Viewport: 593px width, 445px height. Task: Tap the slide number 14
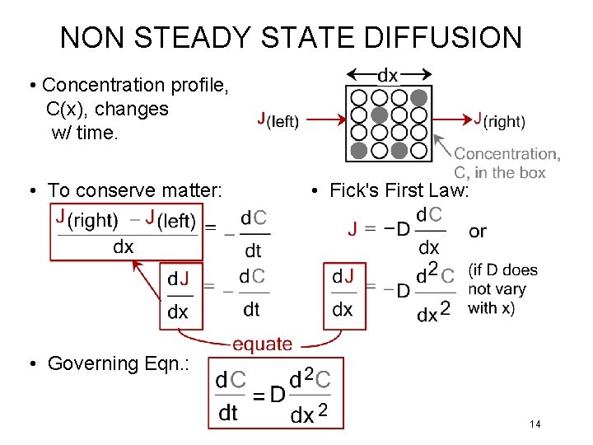535,424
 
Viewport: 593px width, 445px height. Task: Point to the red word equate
262,344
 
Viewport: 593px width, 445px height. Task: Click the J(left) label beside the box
278,120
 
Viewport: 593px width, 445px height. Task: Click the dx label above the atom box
387,76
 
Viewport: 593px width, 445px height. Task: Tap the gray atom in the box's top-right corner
419,96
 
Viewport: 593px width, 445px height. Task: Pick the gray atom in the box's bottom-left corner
359,151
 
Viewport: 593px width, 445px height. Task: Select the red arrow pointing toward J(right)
453,120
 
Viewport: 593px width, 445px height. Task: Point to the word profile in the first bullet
200,85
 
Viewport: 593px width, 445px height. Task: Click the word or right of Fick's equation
478,232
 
